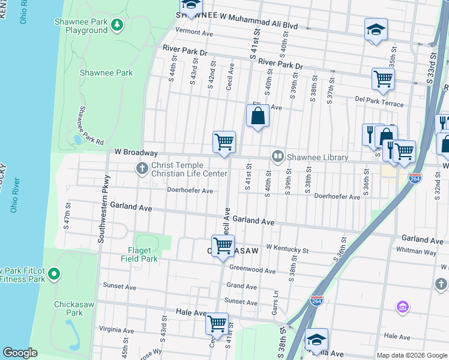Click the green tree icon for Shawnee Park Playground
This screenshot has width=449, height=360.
tap(118, 24)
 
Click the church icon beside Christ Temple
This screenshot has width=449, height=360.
tap(142, 168)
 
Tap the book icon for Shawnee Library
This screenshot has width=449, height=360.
tap(278, 157)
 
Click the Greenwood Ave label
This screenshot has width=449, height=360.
tap(252, 271)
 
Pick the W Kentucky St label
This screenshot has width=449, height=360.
tap(287, 248)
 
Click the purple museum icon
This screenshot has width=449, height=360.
tap(402, 307)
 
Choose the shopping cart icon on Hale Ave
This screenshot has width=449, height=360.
tap(217, 323)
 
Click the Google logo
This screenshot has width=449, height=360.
tap(20, 353)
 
